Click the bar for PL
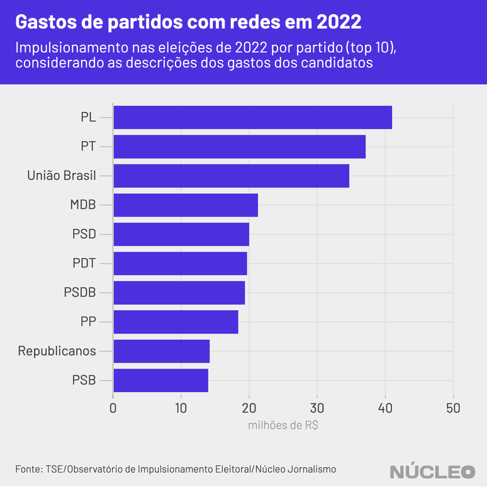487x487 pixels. point(252,118)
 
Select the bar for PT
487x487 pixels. point(239,147)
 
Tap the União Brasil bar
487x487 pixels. point(231,176)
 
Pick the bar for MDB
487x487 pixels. point(186,205)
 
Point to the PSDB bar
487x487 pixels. point(179,293)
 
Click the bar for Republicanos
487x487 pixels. point(161,351)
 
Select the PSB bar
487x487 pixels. point(160,380)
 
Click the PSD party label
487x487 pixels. point(84,234)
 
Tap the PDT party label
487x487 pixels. point(84,263)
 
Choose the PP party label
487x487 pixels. point(88,322)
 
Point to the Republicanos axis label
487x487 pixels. point(57,351)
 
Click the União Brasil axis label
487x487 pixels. point(62,176)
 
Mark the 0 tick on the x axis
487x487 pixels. point(113,408)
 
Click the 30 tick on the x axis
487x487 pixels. point(317,408)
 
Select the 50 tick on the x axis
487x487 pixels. point(453,408)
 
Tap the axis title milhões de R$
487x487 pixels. point(283,425)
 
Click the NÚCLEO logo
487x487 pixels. point(432,471)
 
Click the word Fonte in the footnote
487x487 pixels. point(28,469)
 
